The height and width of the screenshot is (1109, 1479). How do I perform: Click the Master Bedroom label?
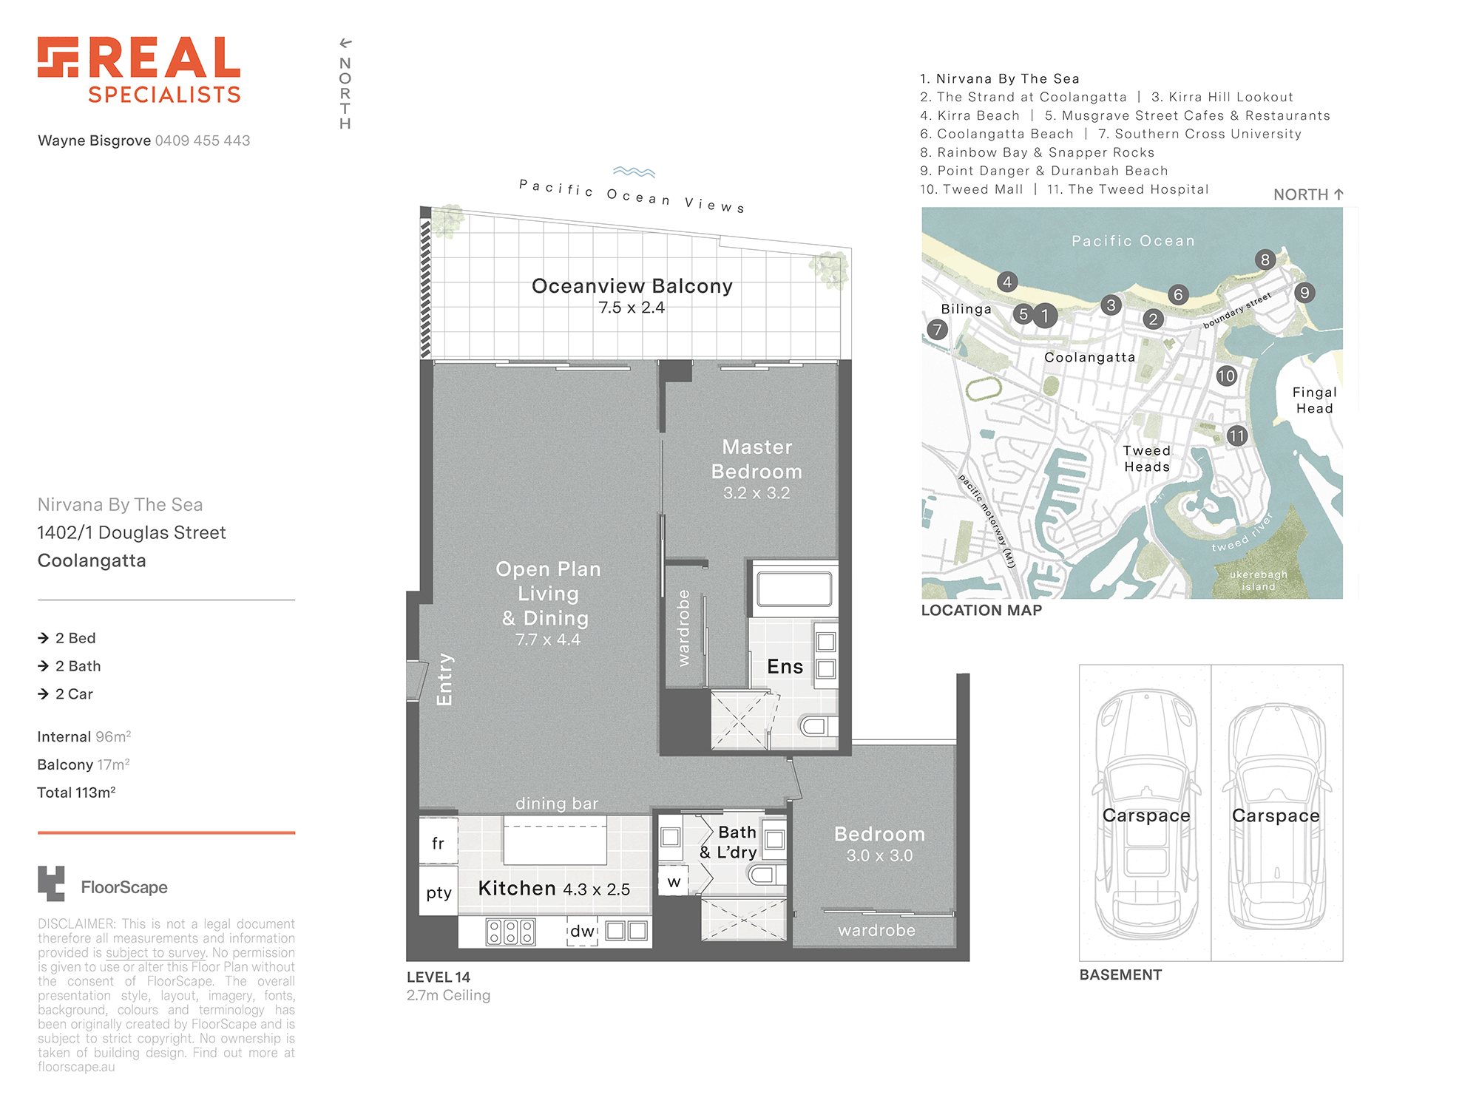pyautogui.click(x=757, y=459)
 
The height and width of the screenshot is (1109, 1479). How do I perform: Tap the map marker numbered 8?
pyautogui.click(x=1265, y=260)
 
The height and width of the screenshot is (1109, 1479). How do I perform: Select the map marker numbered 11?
pyautogui.click(x=1237, y=436)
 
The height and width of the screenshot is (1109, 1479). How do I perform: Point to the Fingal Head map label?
pyautogui.click(x=1314, y=400)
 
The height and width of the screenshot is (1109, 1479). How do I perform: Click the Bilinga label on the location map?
pyautogui.click(x=966, y=309)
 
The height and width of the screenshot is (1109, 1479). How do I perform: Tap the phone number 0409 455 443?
pyautogui.click(x=203, y=140)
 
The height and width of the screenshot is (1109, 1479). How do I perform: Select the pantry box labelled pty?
pyautogui.click(x=439, y=892)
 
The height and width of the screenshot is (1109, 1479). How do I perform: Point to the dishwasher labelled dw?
pyautogui.click(x=583, y=932)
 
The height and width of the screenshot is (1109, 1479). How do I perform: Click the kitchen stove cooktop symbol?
pyautogui.click(x=510, y=932)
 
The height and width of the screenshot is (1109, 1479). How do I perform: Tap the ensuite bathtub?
pyautogui.click(x=794, y=590)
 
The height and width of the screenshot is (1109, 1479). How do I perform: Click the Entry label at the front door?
pyautogui.click(x=444, y=679)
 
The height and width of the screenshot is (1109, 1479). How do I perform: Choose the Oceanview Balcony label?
pyautogui.click(x=632, y=286)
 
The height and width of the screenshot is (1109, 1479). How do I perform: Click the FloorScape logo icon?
pyautogui.click(x=51, y=884)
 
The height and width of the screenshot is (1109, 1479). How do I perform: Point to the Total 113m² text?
pyautogui.click(x=76, y=793)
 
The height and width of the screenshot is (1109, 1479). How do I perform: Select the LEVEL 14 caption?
pyautogui.click(x=439, y=977)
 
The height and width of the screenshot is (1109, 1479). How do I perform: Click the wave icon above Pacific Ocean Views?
pyautogui.click(x=634, y=172)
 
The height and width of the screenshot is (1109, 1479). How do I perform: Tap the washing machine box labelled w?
pyautogui.click(x=674, y=881)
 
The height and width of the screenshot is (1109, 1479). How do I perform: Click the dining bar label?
pyautogui.click(x=557, y=804)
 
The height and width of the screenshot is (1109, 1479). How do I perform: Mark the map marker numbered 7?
pyautogui.click(x=937, y=330)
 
